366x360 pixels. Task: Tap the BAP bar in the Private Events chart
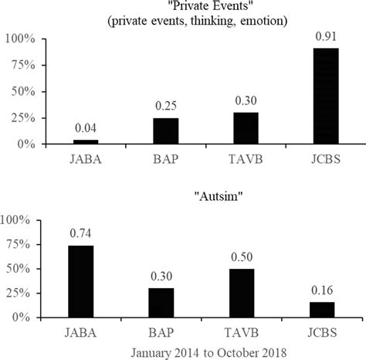165,131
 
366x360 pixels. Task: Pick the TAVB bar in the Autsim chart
245,293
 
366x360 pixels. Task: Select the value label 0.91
324,36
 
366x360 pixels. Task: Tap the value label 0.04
86,129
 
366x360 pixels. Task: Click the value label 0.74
81,234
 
